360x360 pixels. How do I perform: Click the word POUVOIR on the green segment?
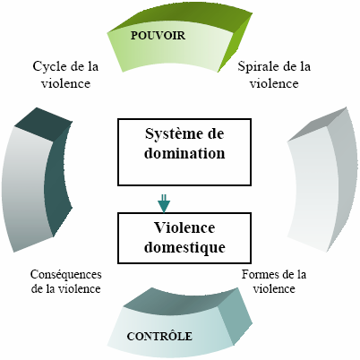158,36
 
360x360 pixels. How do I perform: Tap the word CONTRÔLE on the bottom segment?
159,336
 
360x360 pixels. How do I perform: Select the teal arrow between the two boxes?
164,203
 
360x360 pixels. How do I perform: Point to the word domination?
184,153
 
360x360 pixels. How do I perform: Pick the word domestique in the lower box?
184,248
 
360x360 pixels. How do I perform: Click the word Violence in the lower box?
184,227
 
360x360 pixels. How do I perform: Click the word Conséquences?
66,274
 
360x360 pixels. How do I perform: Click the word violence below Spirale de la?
274,83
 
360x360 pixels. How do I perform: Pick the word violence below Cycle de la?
65,83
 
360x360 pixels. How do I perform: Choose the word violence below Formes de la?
274,288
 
